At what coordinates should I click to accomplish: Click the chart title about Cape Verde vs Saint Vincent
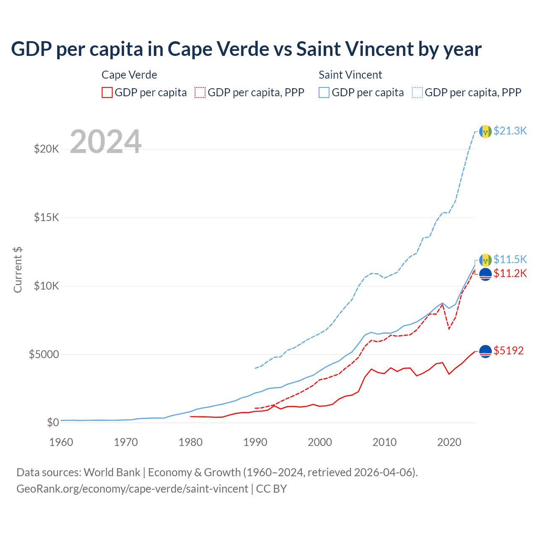(246, 49)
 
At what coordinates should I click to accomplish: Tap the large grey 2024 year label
(105, 142)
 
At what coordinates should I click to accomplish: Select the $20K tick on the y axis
(46, 149)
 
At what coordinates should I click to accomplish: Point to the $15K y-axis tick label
(46, 217)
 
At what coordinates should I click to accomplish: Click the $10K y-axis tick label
(46, 286)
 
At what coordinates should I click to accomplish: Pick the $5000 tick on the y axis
(44, 354)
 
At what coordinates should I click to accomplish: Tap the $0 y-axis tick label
(53, 422)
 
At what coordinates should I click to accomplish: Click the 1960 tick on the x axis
(61, 442)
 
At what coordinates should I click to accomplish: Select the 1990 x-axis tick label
(256, 442)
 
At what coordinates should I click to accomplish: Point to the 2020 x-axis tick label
(449, 442)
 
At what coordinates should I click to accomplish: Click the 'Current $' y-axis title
(18, 269)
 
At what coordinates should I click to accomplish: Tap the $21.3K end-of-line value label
(510, 131)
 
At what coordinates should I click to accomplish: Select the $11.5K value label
(510, 259)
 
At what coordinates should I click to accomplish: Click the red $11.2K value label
(510, 273)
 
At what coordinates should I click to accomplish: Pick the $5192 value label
(509, 351)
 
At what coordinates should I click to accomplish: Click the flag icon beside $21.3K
(485, 132)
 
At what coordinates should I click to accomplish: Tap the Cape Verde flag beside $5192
(485, 351)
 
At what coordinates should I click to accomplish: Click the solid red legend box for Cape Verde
(107, 92)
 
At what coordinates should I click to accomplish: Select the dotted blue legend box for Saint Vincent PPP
(417, 92)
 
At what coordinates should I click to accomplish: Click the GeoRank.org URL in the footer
(132, 489)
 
